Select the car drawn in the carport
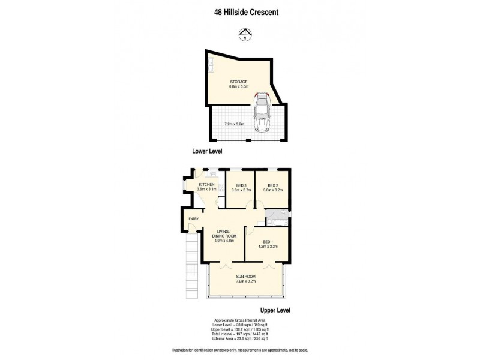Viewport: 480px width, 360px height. pos(262,112)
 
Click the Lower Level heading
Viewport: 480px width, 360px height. pos(207,152)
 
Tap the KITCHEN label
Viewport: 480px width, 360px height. pos(207,185)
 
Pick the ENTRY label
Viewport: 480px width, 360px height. pos(193,219)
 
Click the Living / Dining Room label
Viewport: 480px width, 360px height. pos(224,236)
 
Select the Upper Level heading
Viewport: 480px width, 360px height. pos(275,310)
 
